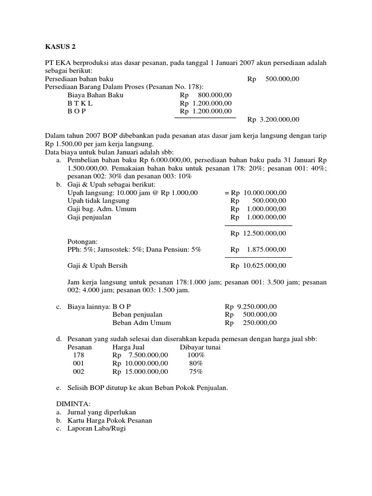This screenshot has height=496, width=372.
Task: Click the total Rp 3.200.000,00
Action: [273, 119]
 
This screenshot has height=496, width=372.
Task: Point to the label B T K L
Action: [80, 103]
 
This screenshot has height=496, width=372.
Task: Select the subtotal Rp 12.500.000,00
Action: [259, 233]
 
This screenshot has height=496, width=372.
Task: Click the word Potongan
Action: [83, 241]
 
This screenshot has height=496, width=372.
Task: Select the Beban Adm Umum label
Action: [141, 323]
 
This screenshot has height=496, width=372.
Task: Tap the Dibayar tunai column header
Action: [200, 347]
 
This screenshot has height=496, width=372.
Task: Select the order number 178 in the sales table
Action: [78, 355]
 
